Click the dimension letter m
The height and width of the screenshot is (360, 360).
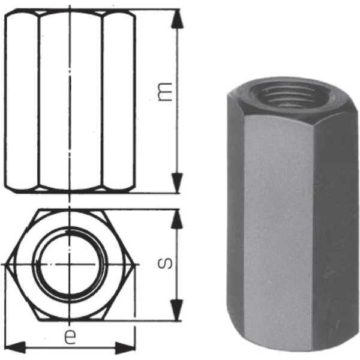tap(165, 92)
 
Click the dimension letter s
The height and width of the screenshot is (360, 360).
tap(165, 263)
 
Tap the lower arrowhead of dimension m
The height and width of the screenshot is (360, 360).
tap(177, 183)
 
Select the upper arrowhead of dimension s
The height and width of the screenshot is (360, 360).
tap(177, 219)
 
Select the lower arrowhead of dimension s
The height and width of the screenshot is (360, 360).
tap(177, 310)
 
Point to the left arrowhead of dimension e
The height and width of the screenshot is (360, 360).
tap(14, 347)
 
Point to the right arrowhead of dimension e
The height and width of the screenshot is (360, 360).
tap(125, 348)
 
